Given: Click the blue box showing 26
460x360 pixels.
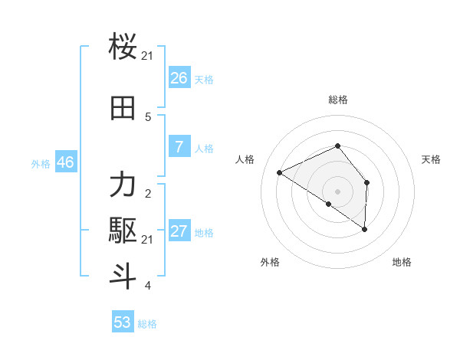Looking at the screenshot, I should [179, 78].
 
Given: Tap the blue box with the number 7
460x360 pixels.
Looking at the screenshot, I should [179, 147].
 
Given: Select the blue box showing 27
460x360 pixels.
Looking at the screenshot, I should [179, 231].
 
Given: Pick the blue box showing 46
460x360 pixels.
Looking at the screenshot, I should [65, 162].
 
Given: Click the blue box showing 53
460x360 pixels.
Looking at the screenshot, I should [123, 322].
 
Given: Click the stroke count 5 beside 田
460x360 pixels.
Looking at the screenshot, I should [148, 117].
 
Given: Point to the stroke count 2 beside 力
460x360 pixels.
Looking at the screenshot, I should [148, 194].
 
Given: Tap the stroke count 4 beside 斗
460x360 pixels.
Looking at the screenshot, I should [148, 286].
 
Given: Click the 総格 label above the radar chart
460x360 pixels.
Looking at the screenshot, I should [338, 100].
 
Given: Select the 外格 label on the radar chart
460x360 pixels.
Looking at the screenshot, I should [270, 262].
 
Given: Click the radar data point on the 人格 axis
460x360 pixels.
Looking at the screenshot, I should [280, 173].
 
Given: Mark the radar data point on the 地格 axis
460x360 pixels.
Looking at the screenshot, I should [365, 229].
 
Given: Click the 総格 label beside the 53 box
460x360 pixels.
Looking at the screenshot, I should [147, 324].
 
